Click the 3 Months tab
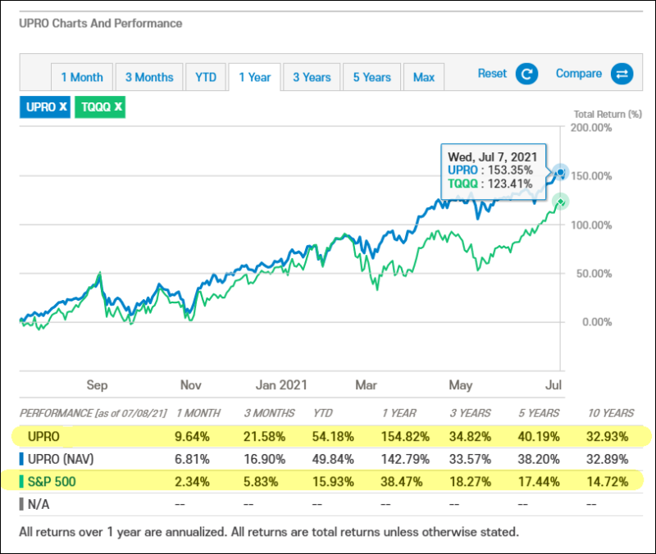149,77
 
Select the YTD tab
206,77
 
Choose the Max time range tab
424,77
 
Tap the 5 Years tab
372,77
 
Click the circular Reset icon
526,75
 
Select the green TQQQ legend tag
99,107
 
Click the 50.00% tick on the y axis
593,273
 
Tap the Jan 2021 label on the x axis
281,384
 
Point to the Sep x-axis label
97,384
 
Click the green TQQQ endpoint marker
560,201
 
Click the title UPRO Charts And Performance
101,24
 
